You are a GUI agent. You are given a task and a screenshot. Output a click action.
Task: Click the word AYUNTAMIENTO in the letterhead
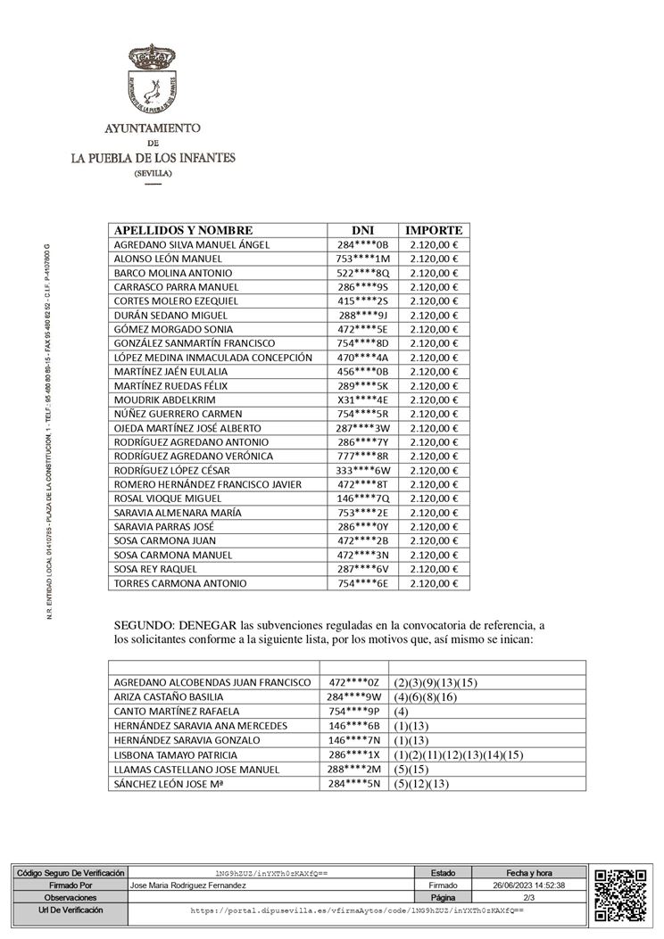(153, 128)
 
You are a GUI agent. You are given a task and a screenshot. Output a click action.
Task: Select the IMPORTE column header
(434, 230)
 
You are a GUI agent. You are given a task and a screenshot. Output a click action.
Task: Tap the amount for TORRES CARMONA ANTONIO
(434, 583)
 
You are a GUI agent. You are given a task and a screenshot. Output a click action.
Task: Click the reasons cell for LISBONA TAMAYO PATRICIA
(458, 754)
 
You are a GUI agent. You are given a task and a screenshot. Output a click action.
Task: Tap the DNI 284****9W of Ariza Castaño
(354, 696)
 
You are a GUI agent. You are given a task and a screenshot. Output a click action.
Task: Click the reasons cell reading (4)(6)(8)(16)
(426, 696)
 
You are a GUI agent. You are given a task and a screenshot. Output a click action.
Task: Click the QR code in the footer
(620, 894)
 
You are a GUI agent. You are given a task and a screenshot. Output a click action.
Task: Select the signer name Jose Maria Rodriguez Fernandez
(187, 885)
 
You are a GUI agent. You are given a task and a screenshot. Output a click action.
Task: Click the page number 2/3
(528, 897)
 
